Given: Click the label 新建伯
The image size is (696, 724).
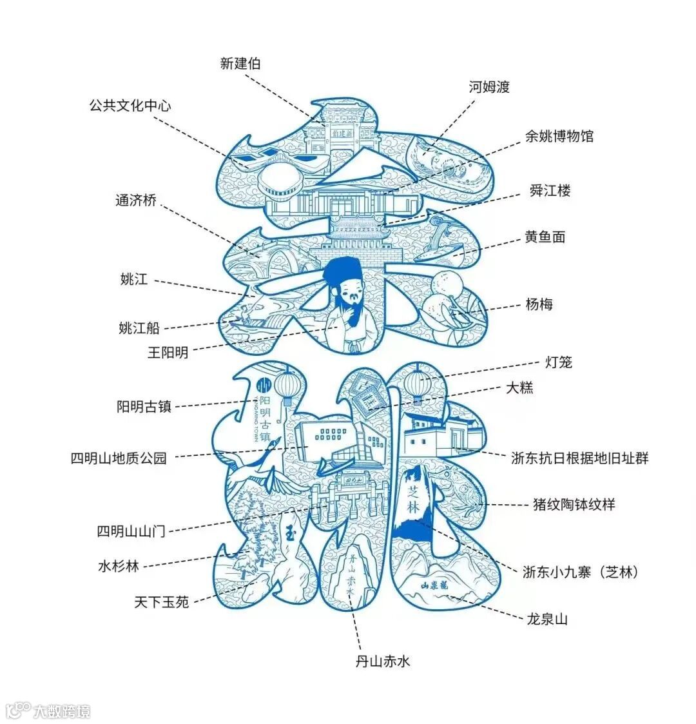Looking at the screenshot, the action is pos(240,63).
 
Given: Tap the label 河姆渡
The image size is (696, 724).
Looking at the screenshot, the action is pos(489,87).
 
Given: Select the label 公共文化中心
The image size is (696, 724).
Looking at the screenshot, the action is pos(130,105).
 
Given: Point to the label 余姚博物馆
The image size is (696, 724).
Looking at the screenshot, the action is pos(559,136).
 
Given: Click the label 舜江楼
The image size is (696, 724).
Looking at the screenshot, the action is pos(550,191).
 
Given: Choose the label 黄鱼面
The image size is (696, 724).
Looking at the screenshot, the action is pos(545,237).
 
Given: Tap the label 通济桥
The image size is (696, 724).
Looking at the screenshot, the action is pos(136,201).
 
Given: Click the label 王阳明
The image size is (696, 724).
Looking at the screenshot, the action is pos(168,353).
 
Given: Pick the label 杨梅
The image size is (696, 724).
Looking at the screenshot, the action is pos(539,304).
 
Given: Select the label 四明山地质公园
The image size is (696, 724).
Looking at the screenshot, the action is pos(119,458).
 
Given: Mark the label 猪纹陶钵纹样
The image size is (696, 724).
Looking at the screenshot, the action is pos(574,504).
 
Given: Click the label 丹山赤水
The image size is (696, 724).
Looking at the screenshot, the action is pos(383,661).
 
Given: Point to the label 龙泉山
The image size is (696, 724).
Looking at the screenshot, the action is pos(547,620).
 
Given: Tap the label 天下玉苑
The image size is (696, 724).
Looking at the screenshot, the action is pos(162,602).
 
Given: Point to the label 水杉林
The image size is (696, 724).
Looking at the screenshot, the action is pos(118,567).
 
